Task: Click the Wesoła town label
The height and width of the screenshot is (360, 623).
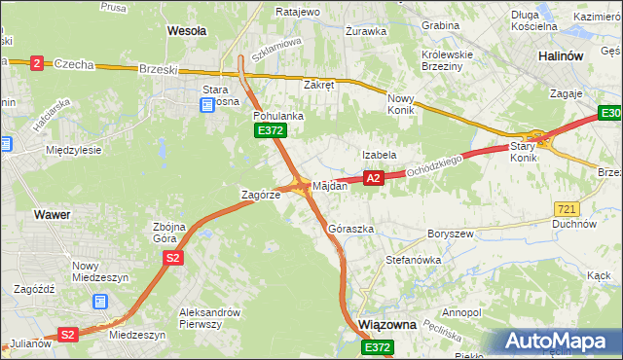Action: click(187, 31)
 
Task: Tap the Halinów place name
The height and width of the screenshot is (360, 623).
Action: click(562, 56)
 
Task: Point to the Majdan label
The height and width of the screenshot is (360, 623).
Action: click(329, 185)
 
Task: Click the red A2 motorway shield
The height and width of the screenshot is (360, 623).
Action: click(373, 178)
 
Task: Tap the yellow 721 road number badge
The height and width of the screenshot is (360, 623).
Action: click(567, 209)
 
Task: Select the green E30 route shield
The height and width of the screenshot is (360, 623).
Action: click(610, 115)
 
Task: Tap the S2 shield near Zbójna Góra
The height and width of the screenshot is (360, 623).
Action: click(173, 258)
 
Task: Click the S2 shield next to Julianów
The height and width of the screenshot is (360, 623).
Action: click(67, 334)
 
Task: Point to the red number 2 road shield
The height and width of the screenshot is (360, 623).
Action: click(37, 63)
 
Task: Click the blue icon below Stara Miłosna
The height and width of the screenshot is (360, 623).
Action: click(206, 105)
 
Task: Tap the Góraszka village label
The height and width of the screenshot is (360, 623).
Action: click(351, 229)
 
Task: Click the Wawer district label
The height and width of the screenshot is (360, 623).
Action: click(51, 213)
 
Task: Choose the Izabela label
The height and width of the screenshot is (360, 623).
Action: click(379, 155)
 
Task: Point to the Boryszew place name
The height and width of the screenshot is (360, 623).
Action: click(449, 234)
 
